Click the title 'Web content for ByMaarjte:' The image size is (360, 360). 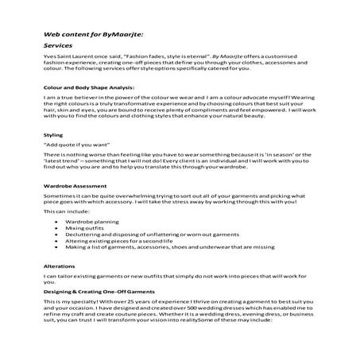91,35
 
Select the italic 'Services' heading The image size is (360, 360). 59,48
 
